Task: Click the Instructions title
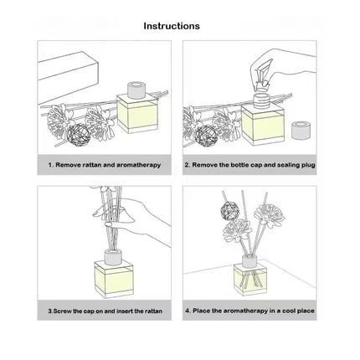coord(172,26)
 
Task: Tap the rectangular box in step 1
coord(69,75)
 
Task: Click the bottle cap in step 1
coord(136,90)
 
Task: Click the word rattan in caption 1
coord(92,165)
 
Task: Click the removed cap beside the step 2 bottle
coord(301,131)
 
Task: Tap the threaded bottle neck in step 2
coord(262,100)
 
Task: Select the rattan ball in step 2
coord(206,136)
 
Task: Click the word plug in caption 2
coord(308,165)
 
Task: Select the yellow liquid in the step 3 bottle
coord(114,279)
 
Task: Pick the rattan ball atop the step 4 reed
coord(229,211)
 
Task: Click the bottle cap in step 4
coord(249,260)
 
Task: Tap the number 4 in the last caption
coord(188,311)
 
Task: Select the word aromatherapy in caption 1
coord(138,165)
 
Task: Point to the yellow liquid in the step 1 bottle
coord(137,116)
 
